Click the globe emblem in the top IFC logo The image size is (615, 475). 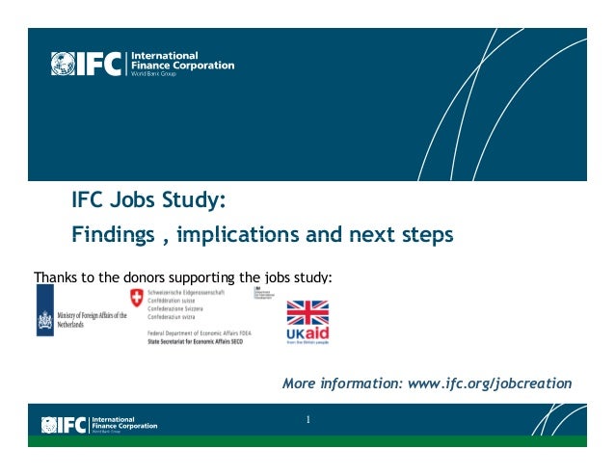click(63, 64)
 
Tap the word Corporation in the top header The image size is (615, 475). click(199, 66)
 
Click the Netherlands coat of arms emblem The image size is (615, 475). click(44, 321)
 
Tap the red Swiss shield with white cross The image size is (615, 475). click(136, 299)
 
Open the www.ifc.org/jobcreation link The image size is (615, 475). click(490, 383)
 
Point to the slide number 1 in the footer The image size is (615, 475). click(308, 419)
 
